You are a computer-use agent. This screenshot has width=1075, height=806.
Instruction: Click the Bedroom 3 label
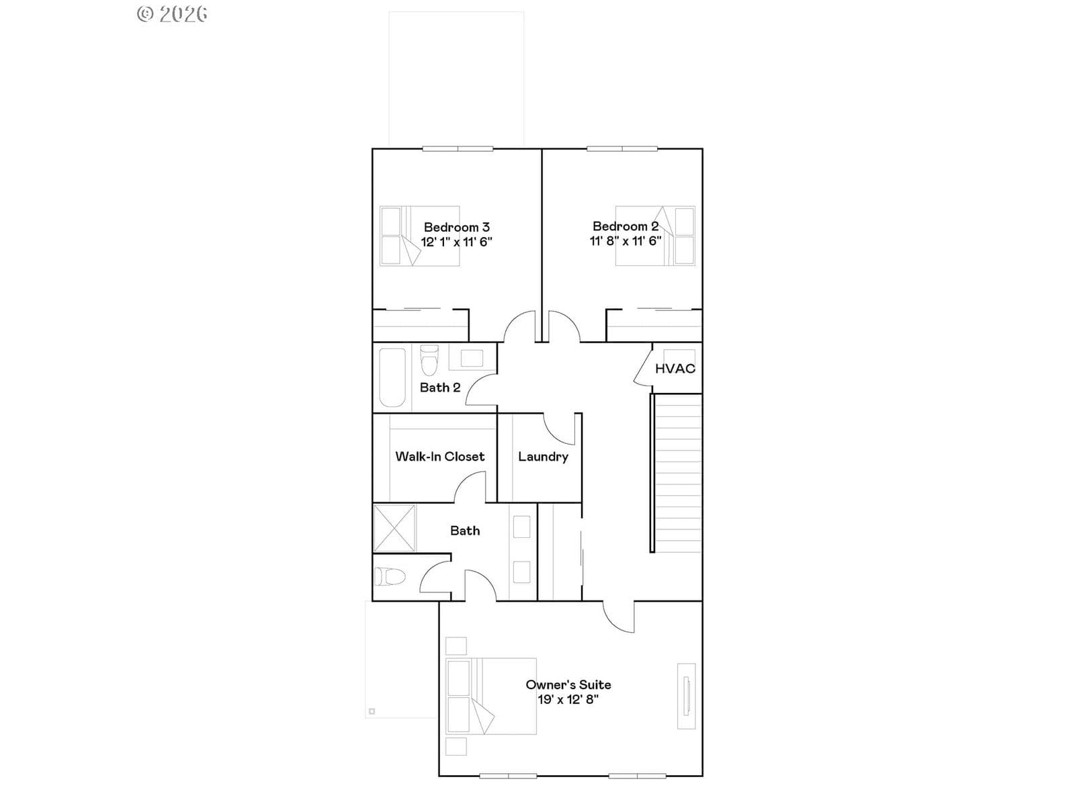pos(456,227)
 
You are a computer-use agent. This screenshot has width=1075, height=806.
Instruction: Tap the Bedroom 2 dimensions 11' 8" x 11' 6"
pos(626,240)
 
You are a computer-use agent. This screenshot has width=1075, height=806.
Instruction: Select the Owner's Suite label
pos(568,684)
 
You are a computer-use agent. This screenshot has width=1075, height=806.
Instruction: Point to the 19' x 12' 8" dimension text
pos(568,699)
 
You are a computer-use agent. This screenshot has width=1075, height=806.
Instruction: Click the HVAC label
pos(675,369)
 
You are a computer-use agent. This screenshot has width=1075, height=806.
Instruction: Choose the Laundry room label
pos(543,457)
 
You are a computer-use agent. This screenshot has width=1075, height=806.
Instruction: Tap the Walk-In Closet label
pos(440,457)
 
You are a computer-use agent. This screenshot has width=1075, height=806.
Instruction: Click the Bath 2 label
pos(440,388)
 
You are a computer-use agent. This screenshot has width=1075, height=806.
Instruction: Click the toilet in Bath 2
pos(429,359)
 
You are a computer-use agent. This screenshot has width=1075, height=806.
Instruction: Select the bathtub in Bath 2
pos(392,377)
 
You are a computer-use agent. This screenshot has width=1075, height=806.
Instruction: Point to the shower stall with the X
pos(394,529)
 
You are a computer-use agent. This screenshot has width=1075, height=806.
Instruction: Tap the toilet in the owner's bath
pos(390,576)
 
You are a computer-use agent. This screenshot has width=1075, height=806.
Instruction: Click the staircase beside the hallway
pos(677,474)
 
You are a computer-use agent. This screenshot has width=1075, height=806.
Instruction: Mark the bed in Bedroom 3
pos(420,236)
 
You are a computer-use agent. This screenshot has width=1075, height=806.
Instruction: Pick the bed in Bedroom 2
pos(655,236)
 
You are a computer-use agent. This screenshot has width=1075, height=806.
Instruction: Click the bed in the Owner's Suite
pos(491,696)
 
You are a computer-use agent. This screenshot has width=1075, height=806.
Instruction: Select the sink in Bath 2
pos(472,358)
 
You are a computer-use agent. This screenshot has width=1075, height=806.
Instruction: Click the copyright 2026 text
pos(172,14)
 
